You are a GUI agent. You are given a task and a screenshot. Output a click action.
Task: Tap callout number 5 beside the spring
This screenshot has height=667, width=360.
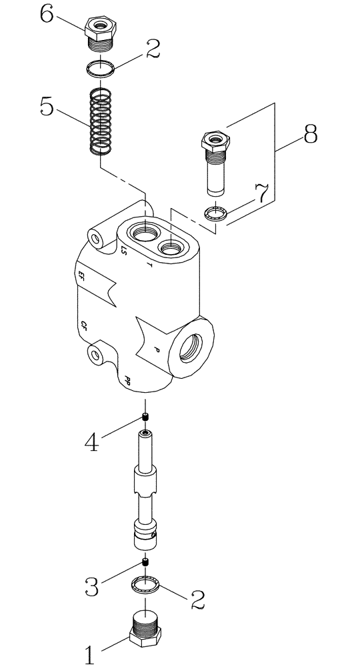point(47,107)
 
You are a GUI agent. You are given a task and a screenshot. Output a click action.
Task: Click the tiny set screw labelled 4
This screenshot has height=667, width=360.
point(145,418)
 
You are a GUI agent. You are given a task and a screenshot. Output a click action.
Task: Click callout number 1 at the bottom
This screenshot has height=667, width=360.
point(89,652)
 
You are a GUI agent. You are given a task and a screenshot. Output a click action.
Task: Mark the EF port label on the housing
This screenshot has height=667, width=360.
point(82,275)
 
